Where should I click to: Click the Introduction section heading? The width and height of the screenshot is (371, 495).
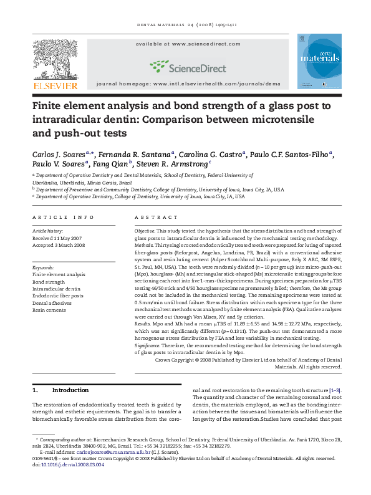click(70, 390)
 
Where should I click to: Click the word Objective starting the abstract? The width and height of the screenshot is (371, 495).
click(147, 231)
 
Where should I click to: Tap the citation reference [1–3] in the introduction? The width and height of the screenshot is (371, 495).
click(334, 390)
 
